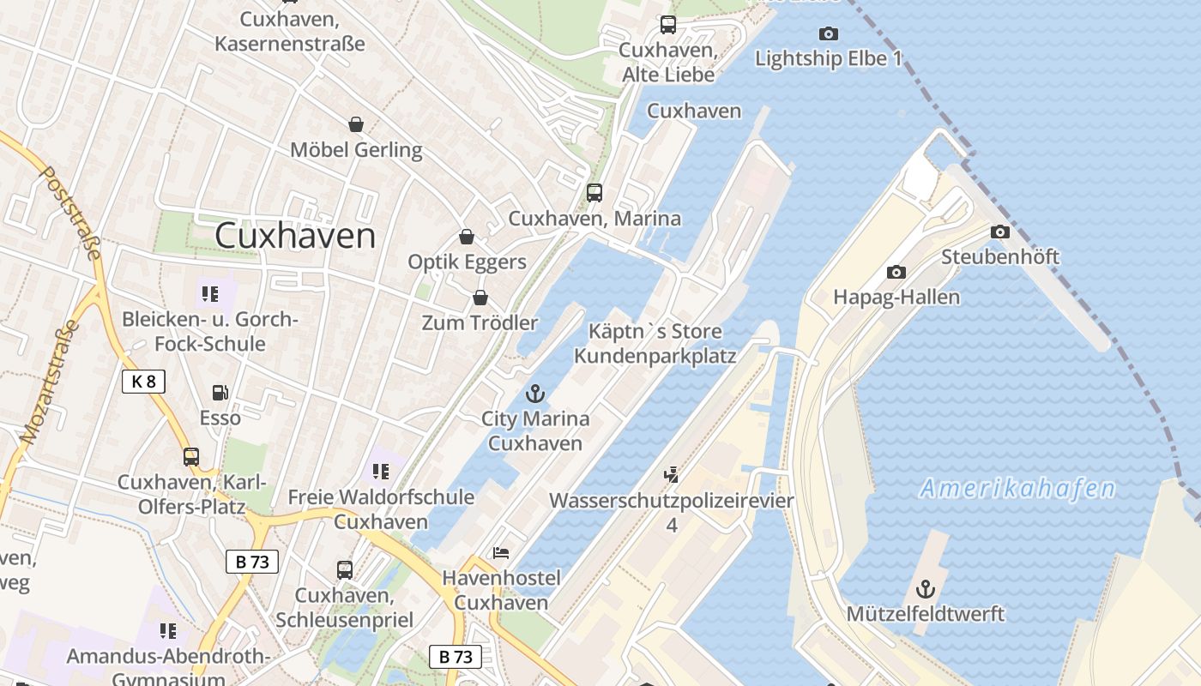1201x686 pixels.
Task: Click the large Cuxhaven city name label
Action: (295, 236)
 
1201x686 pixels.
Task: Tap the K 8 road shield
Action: (143, 382)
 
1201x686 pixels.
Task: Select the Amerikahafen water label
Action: (1017, 489)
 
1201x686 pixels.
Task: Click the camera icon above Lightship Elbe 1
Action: (828, 33)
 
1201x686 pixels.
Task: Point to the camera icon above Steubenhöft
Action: (999, 232)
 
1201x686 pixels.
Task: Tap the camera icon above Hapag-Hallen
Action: (896, 272)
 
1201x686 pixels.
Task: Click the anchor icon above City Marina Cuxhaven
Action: (535, 394)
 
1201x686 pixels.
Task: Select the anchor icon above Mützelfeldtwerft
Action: (925, 589)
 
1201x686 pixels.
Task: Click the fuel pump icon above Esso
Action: (220, 393)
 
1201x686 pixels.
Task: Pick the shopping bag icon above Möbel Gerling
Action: (356, 125)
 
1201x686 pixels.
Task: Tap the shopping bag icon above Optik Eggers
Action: (467, 237)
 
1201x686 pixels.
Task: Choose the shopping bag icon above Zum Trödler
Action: (480, 298)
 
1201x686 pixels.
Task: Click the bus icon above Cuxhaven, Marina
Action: (594, 193)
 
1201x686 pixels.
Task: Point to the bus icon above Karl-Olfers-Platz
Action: (190, 456)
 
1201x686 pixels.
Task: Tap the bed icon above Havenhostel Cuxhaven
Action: (501, 552)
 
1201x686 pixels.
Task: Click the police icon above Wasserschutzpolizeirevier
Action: (672, 473)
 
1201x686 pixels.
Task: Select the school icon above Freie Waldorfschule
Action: (381, 471)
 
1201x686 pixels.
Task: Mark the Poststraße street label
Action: (71, 212)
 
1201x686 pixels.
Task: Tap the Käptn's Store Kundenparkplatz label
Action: (655, 343)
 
